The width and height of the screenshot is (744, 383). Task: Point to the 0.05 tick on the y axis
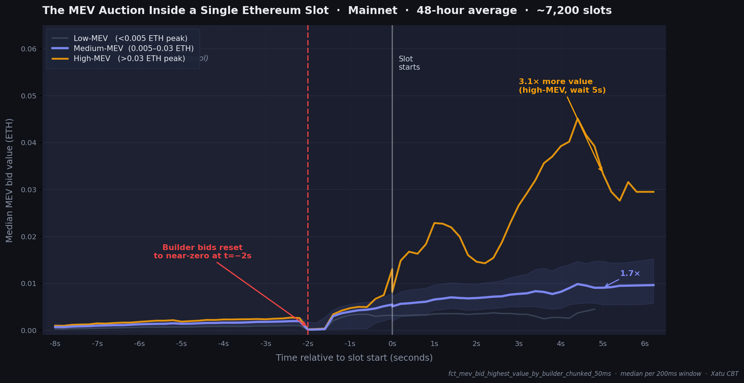29,96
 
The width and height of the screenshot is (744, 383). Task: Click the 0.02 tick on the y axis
29,237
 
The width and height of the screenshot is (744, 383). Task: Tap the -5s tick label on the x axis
181,344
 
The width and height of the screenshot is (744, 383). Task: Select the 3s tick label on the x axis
518,344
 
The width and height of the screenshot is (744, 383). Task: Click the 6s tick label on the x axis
645,344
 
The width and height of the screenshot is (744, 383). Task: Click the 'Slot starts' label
409,63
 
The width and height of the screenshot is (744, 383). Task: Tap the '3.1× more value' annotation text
555,82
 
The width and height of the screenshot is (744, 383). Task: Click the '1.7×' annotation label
630,274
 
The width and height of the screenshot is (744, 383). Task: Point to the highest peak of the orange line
577,119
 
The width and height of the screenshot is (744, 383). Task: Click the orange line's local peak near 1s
435,223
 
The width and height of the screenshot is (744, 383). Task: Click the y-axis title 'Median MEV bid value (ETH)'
9,180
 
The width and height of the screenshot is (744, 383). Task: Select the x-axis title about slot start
354,358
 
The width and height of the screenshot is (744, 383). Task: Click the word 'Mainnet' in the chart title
373,10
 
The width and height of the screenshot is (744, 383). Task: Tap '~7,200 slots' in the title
574,10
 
